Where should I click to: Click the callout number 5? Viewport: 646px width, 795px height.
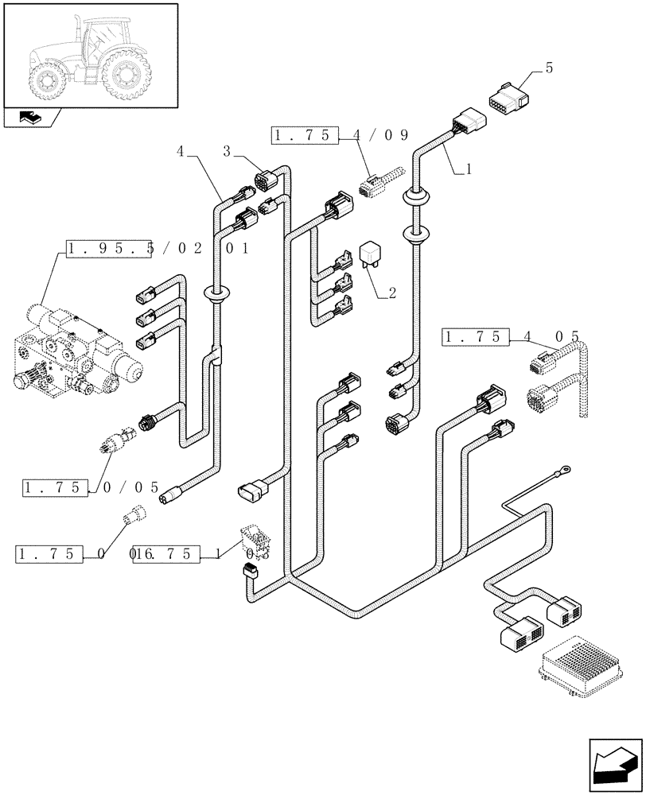tap(548, 69)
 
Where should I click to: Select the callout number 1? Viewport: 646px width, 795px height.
tap(469, 169)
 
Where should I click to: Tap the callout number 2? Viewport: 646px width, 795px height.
tap(391, 293)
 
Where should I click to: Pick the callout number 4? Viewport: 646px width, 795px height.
tap(180, 150)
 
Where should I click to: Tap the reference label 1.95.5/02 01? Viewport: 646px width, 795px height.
tap(159, 249)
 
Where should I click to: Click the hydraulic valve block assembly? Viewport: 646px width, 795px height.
tap(76, 351)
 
